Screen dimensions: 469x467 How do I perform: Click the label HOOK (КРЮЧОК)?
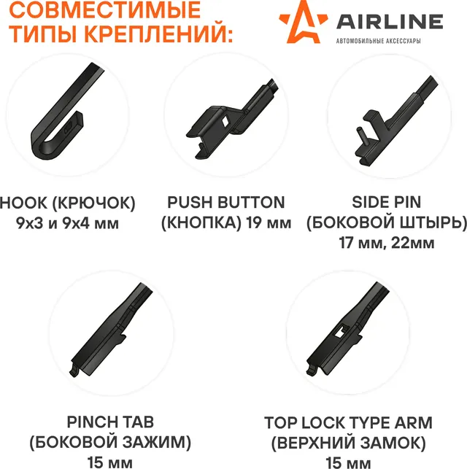point(68,203)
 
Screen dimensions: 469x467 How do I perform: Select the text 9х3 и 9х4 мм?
point(67,222)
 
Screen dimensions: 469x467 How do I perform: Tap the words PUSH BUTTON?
point(226,203)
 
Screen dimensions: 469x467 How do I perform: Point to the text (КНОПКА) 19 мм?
point(226,222)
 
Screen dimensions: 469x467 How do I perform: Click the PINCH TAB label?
point(110,422)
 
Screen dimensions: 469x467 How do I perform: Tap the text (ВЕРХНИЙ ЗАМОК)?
point(347,443)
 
